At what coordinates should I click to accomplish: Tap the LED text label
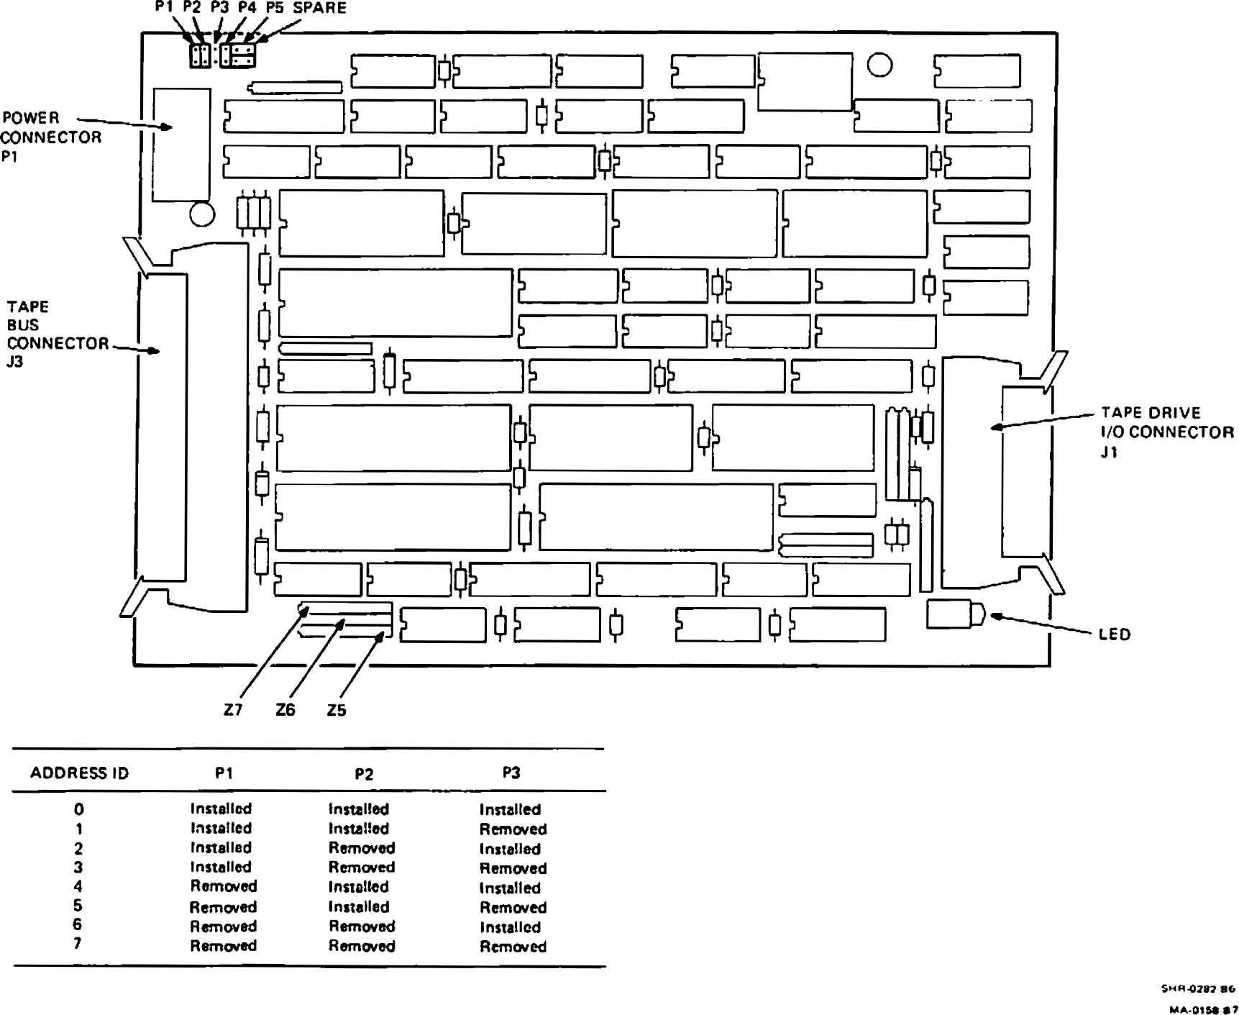pos(1115,634)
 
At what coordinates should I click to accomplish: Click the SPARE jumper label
pos(319,8)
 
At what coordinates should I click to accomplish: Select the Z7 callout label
pos(233,710)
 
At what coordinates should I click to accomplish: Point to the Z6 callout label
pos(285,710)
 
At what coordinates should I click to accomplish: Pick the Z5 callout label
pos(337,711)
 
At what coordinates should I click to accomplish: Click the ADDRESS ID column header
pos(79,773)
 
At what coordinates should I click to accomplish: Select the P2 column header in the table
pos(364,774)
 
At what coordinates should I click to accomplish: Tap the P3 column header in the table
pos(511,773)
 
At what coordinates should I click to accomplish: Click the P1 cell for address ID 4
pos(223,886)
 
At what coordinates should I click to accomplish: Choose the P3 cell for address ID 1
pos(513,829)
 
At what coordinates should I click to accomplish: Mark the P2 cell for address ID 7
pos(362,946)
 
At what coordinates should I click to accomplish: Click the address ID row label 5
pos(78,906)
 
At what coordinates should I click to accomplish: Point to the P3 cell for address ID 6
pos(510,927)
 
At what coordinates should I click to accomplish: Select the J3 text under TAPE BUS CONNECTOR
pos(15,362)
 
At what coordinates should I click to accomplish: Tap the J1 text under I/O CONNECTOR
pos(1110,452)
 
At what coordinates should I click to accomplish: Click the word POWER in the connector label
pos(31,117)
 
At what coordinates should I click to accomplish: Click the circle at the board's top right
pos(879,65)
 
